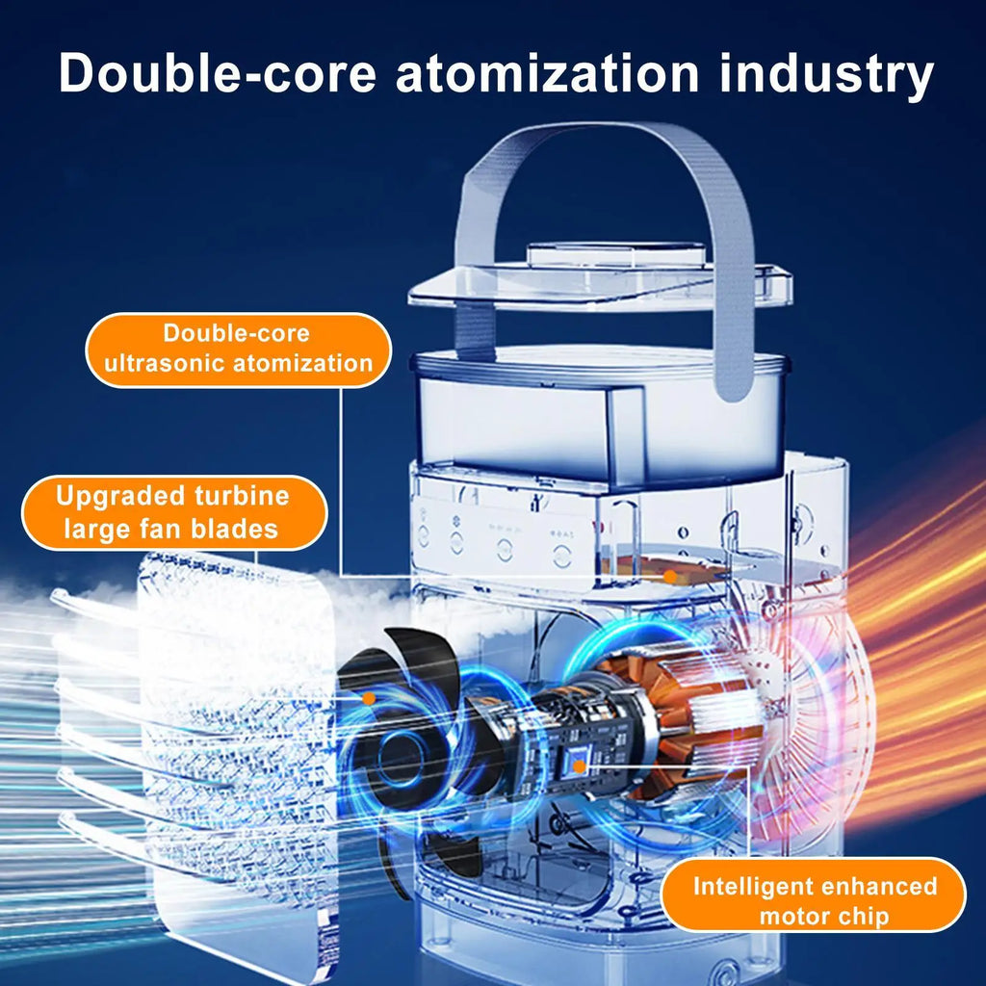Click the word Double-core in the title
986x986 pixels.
[218, 73]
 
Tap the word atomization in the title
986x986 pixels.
[547, 73]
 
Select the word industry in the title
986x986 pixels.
[826, 77]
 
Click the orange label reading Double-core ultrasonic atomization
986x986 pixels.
[239, 350]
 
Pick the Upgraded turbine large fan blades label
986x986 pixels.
[174, 512]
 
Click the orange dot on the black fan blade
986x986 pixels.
[369, 698]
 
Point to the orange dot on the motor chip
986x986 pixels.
[579, 766]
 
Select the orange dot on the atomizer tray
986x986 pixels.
[670, 576]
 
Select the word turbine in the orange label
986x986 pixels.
[242, 496]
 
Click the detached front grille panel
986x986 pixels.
[239, 755]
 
